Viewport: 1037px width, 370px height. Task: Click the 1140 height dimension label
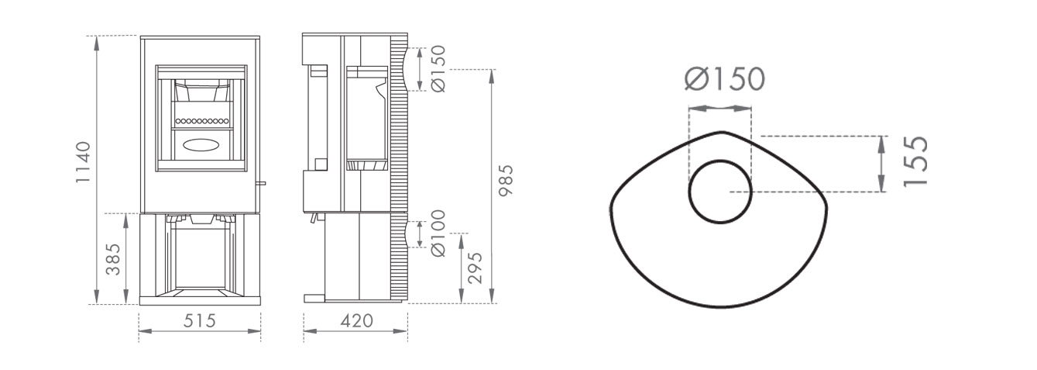tap(84, 162)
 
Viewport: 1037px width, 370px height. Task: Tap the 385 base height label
tap(113, 259)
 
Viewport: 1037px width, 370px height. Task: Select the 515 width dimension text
tap(200, 321)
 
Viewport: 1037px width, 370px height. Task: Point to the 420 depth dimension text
tap(356, 321)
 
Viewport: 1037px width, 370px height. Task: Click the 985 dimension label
tap(505, 181)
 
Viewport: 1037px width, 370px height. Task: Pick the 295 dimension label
tap(475, 268)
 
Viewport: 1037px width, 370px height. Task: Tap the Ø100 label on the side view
tap(438, 233)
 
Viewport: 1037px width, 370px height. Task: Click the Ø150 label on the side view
tap(438, 68)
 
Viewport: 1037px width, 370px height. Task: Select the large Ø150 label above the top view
tap(725, 79)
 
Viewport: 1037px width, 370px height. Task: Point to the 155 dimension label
tap(915, 161)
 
